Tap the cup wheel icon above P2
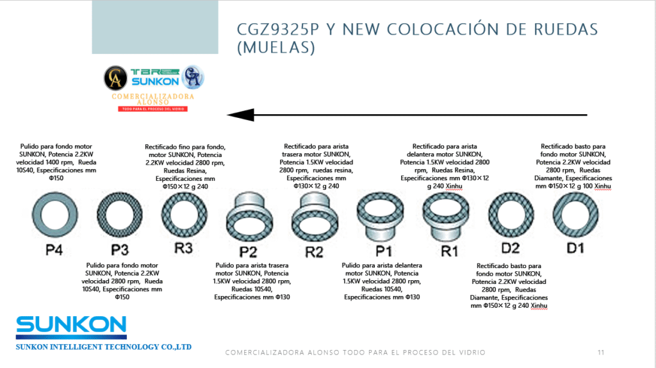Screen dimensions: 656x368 (250, 230)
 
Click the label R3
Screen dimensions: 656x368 (184, 248)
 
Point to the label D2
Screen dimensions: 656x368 (511, 248)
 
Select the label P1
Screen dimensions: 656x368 (383, 251)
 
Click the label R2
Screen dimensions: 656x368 (314, 252)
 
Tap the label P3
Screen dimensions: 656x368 (120, 250)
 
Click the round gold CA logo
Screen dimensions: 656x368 (115, 78)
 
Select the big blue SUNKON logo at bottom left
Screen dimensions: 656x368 (71, 328)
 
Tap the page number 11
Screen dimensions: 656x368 (601, 353)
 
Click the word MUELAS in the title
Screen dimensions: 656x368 (276, 47)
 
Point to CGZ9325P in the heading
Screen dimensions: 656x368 (278, 29)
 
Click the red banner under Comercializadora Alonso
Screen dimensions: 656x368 (152, 109)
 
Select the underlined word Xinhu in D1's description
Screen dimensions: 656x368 (602, 187)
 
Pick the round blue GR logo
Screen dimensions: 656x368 (193, 78)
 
